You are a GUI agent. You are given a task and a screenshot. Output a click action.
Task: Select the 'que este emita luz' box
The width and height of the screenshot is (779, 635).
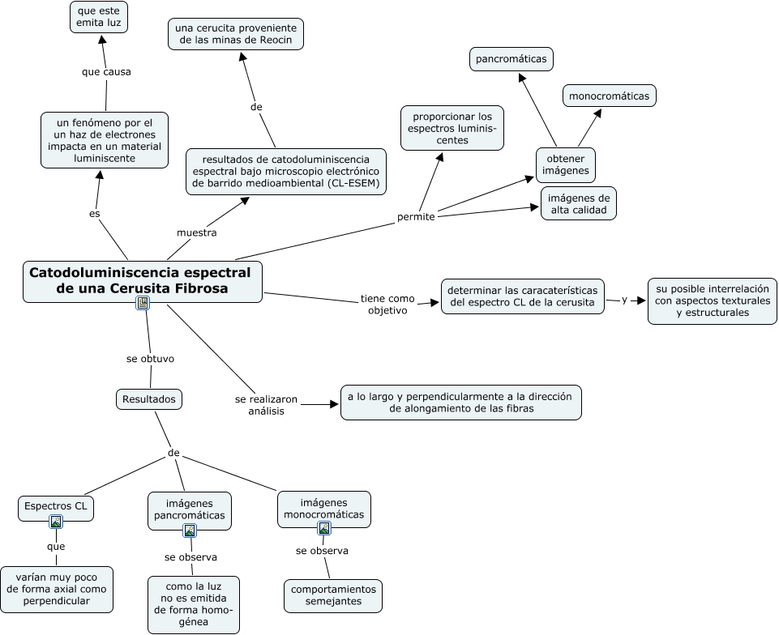pos(98,17)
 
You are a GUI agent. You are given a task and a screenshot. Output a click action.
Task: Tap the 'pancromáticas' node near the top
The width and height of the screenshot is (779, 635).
pos(511,59)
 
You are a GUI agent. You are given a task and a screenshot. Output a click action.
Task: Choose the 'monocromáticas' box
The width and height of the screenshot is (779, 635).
pos(609,96)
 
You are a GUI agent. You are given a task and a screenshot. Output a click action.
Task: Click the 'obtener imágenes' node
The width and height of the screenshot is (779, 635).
pos(566,164)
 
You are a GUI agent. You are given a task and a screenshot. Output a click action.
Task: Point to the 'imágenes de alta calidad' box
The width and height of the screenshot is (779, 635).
pos(579,203)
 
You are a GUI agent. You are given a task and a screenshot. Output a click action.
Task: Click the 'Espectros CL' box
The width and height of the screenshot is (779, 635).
pos(56,506)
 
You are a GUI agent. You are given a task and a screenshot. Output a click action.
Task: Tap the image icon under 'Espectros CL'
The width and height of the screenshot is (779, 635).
pos(56,522)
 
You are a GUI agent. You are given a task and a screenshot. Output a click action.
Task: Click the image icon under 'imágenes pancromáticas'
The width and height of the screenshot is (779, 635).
pos(190,531)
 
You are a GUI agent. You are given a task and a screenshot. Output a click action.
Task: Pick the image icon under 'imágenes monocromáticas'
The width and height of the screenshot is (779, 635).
pos(324,528)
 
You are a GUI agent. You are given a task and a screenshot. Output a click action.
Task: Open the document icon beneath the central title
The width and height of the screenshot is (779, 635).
pos(143,303)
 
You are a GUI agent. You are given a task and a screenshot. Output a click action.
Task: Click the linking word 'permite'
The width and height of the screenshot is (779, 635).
pos(416,217)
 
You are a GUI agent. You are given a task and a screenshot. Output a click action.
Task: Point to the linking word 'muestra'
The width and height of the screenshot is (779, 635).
pos(197,232)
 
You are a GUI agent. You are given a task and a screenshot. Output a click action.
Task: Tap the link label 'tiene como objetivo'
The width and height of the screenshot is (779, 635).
pos(387,304)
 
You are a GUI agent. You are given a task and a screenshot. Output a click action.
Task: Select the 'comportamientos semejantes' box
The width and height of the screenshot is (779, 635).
pos(333,596)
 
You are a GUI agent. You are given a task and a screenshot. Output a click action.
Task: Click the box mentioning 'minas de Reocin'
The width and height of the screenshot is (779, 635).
pos(237,33)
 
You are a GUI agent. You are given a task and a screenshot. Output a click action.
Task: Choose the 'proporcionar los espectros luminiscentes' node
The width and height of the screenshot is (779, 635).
pos(452,128)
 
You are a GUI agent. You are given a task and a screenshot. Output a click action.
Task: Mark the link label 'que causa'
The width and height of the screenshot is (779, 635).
pos(106,71)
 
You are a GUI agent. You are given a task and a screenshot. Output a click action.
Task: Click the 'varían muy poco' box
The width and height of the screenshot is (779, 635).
pos(57,589)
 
